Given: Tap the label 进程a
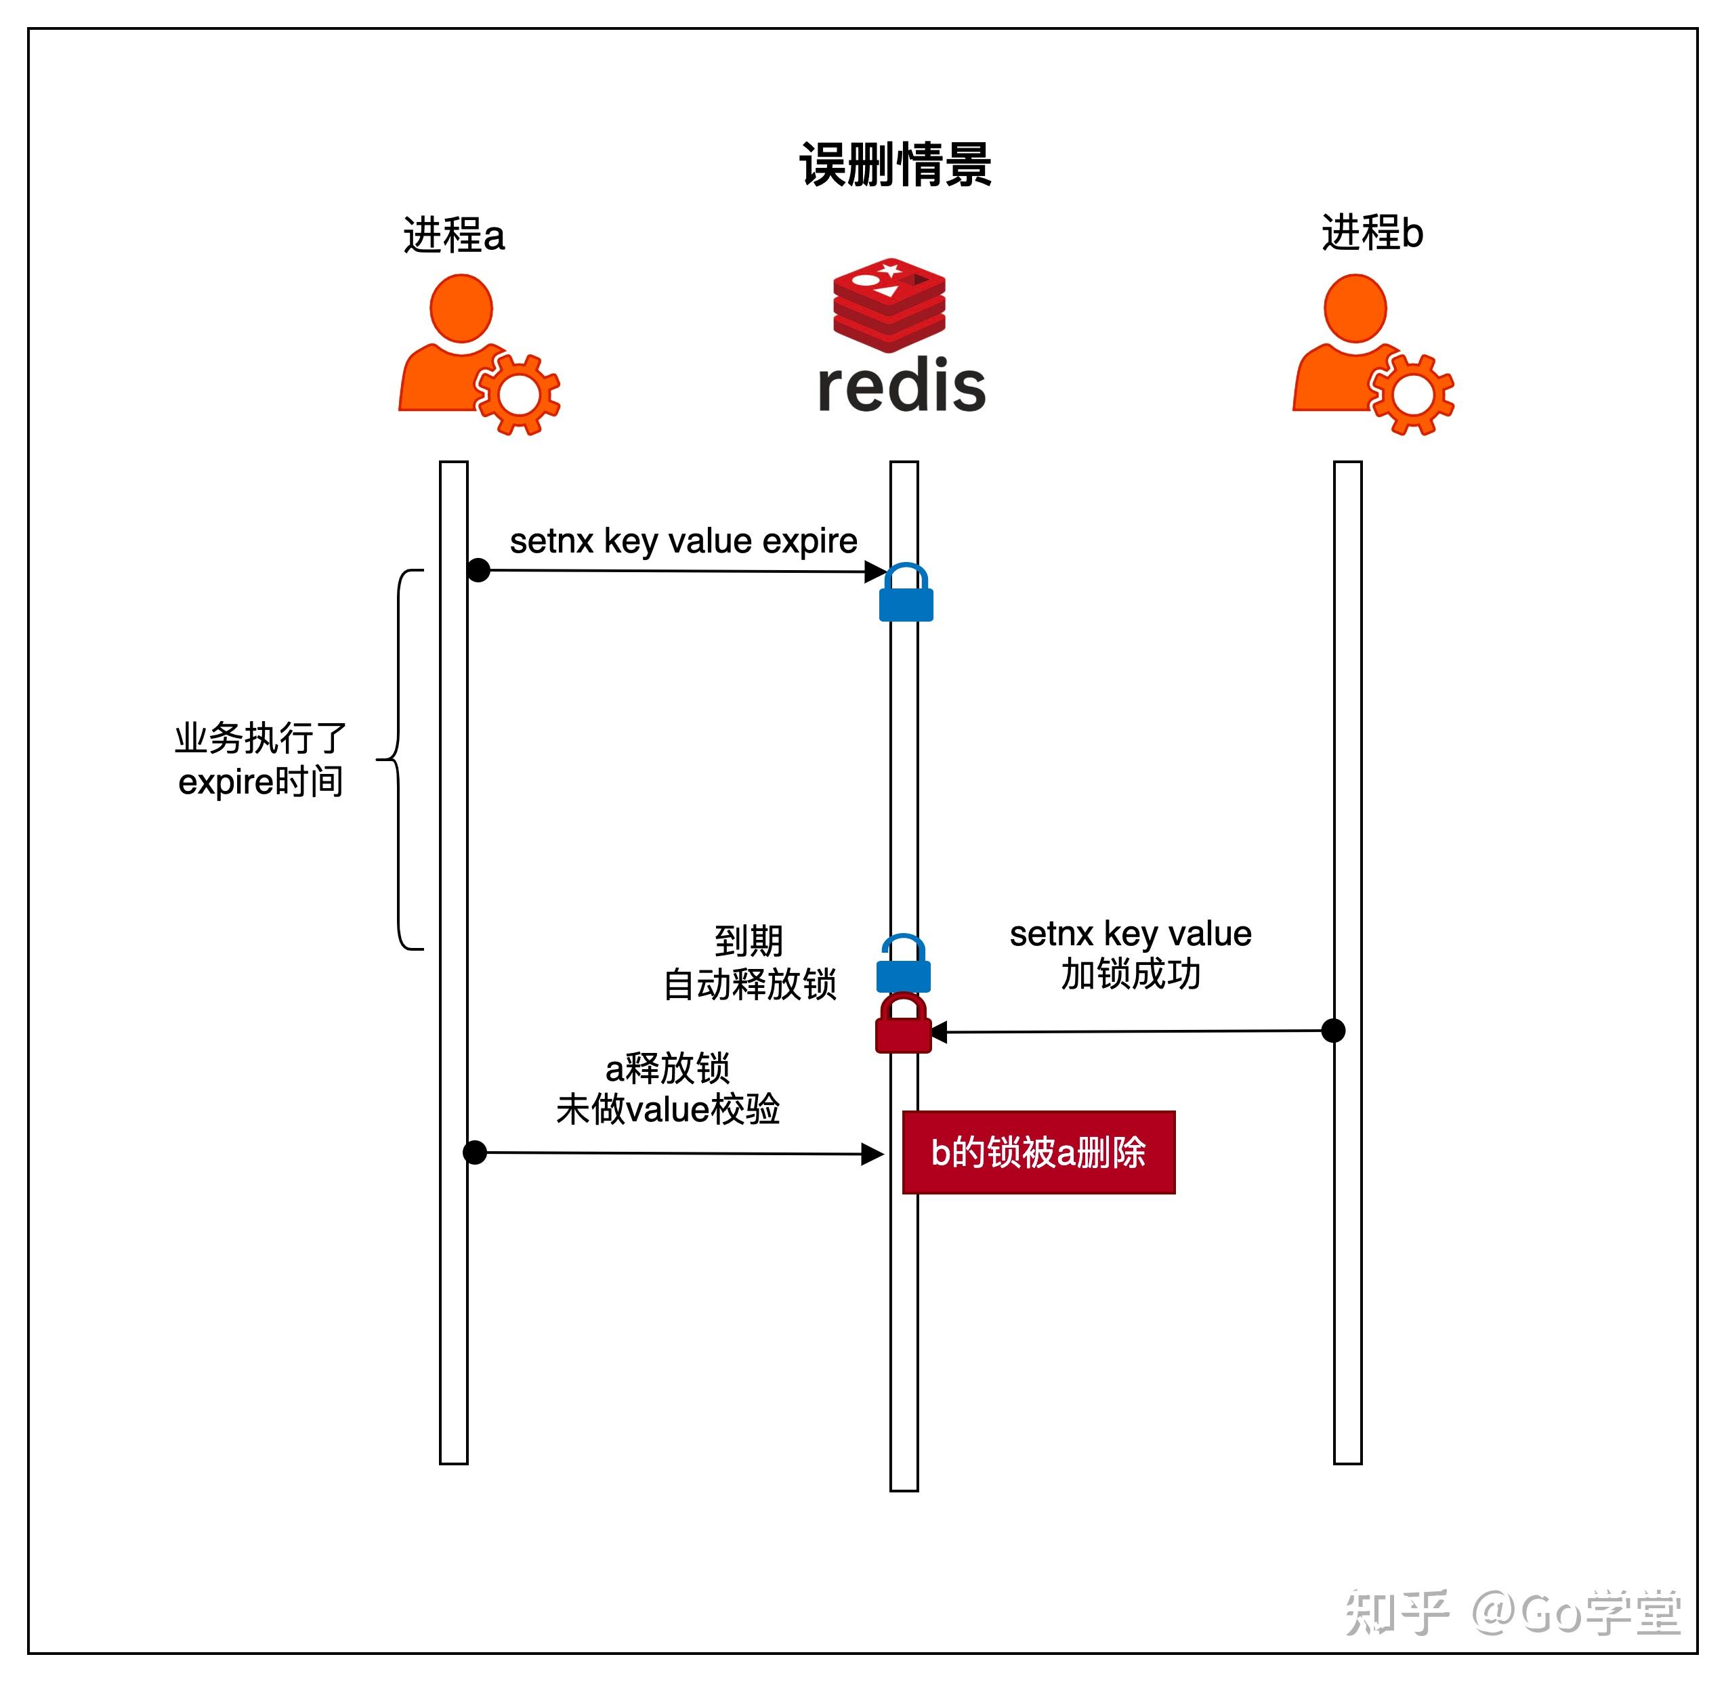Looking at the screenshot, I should click(x=453, y=236).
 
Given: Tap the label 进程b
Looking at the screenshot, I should click(x=1372, y=233).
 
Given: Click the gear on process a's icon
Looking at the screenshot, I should click(x=518, y=393).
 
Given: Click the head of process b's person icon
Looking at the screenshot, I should click(x=1354, y=308).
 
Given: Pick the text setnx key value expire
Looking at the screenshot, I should click(x=683, y=540).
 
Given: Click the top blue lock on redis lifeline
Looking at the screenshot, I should click(x=906, y=594).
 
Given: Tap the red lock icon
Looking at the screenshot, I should click(x=903, y=1024).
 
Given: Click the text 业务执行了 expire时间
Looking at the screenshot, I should click(x=260, y=760).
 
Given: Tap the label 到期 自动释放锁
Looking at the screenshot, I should click(x=749, y=963).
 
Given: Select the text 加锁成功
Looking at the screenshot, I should click(x=1131, y=974).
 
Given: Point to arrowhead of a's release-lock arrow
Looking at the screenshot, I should click(x=873, y=1154).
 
